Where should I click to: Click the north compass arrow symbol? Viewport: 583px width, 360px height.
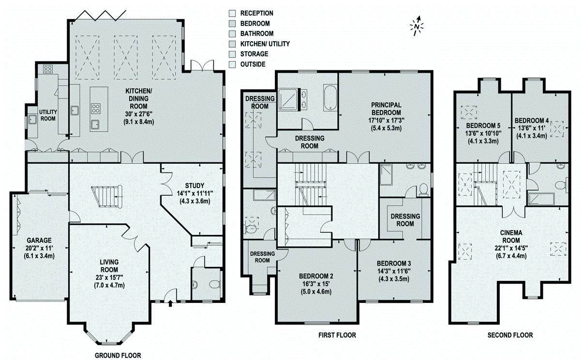coord(417,26)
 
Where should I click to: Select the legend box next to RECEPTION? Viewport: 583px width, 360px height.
coord(232,13)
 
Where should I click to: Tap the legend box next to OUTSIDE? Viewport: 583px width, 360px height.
coord(232,64)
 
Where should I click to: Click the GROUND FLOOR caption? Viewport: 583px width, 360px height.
coord(118,355)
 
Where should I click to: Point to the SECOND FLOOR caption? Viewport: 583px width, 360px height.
coord(510,335)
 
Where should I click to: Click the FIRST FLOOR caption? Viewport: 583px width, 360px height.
coord(337,335)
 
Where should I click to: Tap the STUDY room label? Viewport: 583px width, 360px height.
coord(194,186)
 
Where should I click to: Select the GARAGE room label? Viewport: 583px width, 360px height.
coord(39,240)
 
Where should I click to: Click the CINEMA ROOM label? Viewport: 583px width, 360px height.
coord(511,236)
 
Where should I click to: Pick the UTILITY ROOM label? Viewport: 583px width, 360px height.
coord(48,115)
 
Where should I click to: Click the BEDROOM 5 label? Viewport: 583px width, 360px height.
coord(483,125)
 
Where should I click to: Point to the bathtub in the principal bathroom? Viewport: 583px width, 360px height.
coord(330,97)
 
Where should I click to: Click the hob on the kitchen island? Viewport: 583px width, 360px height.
coord(95,109)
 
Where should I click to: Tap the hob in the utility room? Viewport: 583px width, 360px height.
coord(48,69)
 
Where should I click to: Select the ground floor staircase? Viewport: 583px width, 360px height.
coord(106,197)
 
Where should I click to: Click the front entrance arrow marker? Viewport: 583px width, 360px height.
coord(170,304)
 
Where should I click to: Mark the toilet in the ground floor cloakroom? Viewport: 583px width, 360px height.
coord(214,284)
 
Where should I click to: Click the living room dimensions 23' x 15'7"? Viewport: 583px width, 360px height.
coord(109,277)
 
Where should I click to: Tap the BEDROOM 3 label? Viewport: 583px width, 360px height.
coord(394,263)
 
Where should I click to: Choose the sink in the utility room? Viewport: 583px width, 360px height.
coord(33,120)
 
